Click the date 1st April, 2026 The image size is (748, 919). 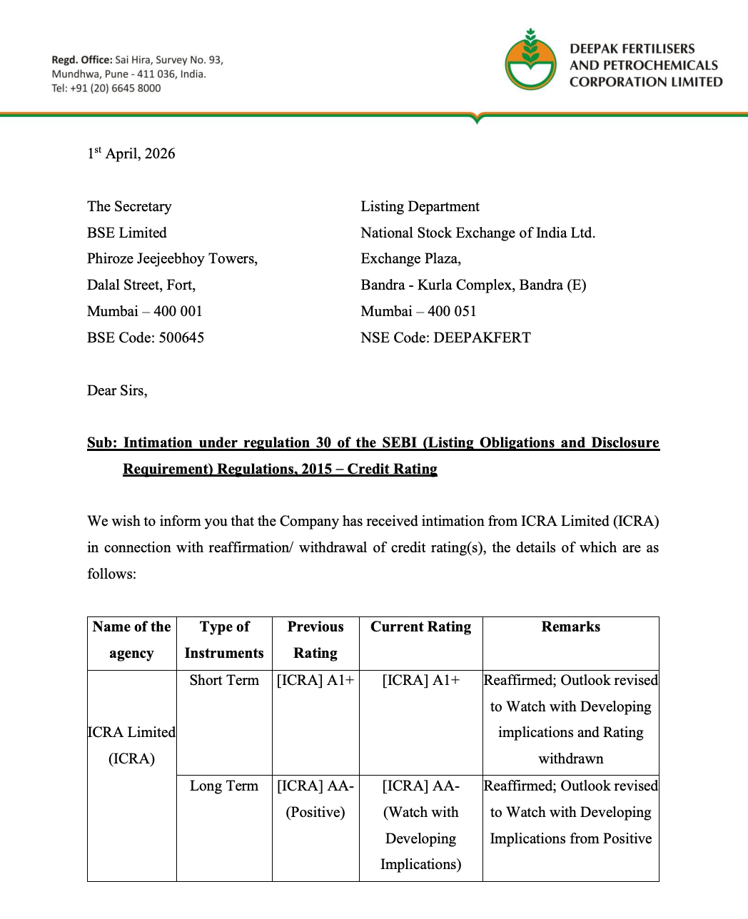click(131, 153)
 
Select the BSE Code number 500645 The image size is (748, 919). click(181, 337)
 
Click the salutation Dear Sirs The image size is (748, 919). click(117, 390)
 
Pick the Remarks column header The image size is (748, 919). click(570, 626)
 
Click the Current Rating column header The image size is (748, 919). click(420, 626)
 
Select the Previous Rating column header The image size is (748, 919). click(315, 639)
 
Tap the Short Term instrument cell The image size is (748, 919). click(224, 680)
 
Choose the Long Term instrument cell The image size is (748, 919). click(224, 786)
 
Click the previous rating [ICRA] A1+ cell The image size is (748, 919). click(315, 680)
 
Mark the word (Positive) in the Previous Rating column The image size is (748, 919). click(315, 812)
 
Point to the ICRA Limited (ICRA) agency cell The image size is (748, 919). click(131, 745)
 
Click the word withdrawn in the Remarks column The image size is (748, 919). click(570, 758)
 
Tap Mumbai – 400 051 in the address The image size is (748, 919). click(418, 311)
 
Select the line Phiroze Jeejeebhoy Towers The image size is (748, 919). click(172, 258)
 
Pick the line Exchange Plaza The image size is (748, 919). click(410, 258)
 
